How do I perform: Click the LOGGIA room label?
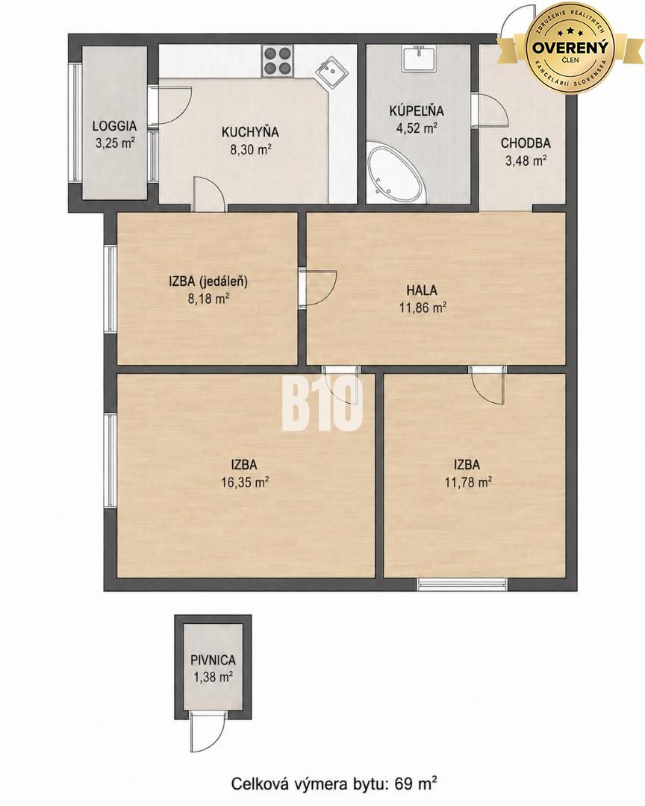(114, 125)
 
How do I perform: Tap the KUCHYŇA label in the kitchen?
(250, 132)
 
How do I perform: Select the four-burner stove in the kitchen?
(278, 60)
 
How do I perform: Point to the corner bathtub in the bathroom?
(396, 175)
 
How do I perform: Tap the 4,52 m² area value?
(417, 128)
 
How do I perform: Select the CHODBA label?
(526, 143)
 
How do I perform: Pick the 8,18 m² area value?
(208, 299)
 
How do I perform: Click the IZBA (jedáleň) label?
(208, 281)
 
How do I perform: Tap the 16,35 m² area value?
(244, 482)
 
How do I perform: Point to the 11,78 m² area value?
(467, 482)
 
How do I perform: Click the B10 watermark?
(322, 403)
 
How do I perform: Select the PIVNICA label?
(213, 660)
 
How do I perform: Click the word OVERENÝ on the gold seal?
(570, 47)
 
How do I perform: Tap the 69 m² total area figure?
(416, 784)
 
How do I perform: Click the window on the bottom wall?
(462, 584)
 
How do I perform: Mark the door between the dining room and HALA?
(317, 288)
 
